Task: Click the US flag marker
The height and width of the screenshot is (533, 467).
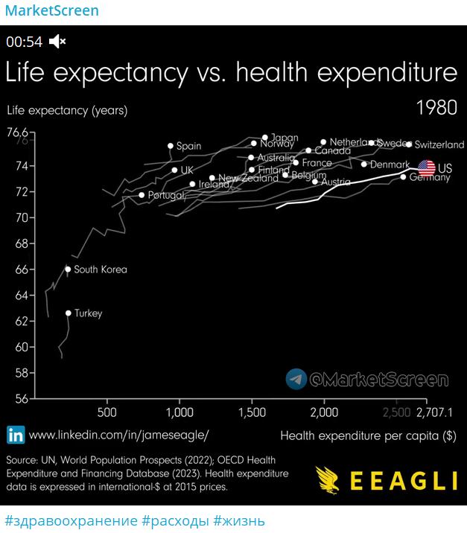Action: tap(427, 168)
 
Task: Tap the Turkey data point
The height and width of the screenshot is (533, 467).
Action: tap(68, 313)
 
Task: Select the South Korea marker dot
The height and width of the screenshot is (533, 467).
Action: tap(68, 269)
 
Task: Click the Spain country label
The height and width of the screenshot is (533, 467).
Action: tap(188, 147)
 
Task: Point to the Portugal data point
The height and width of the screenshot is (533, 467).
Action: tap(142, 195)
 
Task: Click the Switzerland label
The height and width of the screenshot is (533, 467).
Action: tap(439, 144)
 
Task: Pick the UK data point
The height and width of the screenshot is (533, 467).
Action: tap(174, 170)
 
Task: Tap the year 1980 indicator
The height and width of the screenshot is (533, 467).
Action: tap(436, 108)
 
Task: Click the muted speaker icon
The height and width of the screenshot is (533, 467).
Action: tap(57, 42)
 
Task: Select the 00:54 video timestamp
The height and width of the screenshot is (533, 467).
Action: tap(25, 42)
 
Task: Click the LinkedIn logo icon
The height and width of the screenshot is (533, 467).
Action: tap(15, 435)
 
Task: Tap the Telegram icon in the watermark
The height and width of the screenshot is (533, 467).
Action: tap(296, 379)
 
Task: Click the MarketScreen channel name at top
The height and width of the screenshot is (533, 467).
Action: tap(51, 11)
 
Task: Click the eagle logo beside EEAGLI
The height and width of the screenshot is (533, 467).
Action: tap(328, 480)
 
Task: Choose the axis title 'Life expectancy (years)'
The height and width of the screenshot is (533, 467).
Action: tap(67, 110)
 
